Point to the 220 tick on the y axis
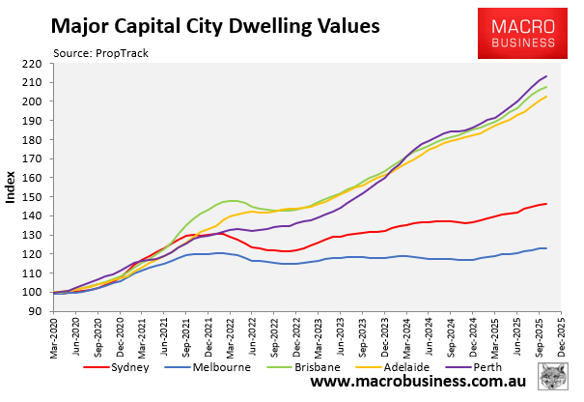[34, 64]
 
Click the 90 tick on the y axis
[37, 311]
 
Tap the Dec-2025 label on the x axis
[561, 337]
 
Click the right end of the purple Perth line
[546, 76]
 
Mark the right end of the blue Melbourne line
[546, 248]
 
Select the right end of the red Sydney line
[546, 204]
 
